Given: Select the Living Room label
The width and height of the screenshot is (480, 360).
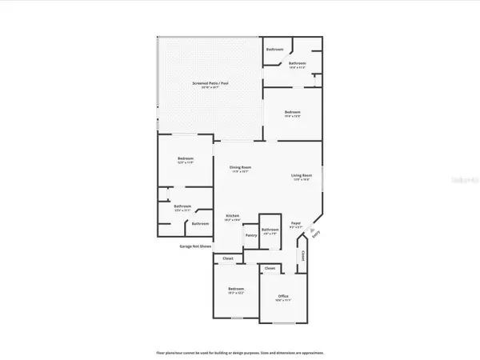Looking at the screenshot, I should [301, 176].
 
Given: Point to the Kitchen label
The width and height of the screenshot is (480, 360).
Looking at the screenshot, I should [233, 217].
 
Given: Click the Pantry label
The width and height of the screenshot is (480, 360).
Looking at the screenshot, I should [250, 235].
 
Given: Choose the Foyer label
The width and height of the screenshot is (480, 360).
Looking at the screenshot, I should [295, 225].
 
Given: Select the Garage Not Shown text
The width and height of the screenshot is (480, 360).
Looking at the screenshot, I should [195, 246].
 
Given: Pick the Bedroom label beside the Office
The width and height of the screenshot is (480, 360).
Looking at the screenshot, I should [236, 289].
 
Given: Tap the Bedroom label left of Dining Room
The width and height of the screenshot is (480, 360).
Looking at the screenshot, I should [186, 158].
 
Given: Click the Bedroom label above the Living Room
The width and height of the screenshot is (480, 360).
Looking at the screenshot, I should [293, 112].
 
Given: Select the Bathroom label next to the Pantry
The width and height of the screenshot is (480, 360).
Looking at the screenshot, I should [270, 230].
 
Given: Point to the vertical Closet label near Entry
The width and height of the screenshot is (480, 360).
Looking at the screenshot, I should [304, 256].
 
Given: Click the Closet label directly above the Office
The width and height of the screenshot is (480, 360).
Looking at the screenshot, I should [270, 267].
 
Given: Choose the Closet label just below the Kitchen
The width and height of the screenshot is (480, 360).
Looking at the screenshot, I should [228, 258].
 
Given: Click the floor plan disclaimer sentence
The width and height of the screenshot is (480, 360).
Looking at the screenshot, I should [240, 352].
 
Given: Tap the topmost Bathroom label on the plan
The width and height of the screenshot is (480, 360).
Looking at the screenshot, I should [274, 50].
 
